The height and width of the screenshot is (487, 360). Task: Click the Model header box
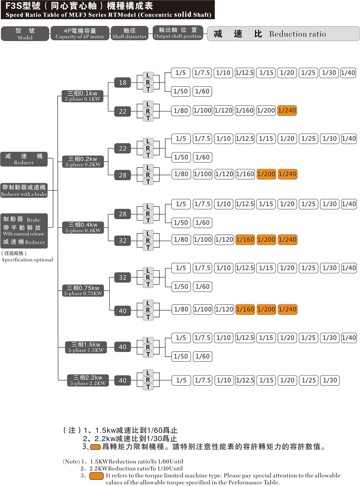[25, 34]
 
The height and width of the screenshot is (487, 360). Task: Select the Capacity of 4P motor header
[80, 33]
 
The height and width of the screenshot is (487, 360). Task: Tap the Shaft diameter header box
[129, 33]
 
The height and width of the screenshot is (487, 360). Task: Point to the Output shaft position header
[178, 33]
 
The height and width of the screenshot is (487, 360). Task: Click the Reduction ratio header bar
[283, 34]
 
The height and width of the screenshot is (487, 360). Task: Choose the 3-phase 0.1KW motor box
[82, 96]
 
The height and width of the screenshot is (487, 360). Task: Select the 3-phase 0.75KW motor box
[83, 291]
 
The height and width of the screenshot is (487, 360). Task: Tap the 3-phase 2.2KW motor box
[88, 380]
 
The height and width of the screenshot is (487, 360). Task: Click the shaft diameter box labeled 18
[123, 83]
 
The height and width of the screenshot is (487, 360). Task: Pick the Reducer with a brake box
[24, 190]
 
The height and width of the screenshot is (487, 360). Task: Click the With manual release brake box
[24, 231]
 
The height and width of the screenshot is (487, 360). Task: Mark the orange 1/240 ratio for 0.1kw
[287, 110]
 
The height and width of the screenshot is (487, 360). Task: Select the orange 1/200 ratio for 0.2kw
[266, 174]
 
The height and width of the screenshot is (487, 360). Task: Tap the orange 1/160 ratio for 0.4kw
[245, 240]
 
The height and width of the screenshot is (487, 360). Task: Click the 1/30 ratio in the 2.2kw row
[330, 380]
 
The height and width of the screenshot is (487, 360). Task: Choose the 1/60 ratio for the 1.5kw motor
[202, 356]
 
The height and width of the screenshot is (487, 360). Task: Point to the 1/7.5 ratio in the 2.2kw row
[202, 380]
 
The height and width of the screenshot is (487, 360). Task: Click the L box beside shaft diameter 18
[148, 75]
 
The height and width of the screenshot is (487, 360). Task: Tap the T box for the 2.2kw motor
[148, 387]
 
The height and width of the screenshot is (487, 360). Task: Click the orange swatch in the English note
[97, 476]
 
